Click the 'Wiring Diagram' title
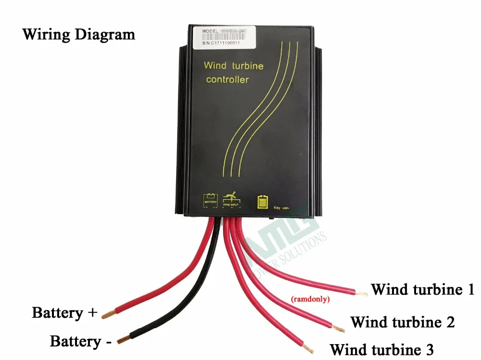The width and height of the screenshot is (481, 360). pyautogui.click(x=79, y=35)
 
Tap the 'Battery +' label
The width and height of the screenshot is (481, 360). pyautogui.click(x=65, y=312)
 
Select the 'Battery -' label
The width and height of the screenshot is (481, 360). pyautogui.click(x=81, y=342)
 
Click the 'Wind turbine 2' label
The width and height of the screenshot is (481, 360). pyautogui.click(x=403, y=321)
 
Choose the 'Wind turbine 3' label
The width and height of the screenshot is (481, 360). pyautogui.click(x=382, y=349)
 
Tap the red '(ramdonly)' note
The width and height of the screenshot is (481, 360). pyautogui.click(x=310, y=299)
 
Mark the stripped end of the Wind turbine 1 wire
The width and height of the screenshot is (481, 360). pyautogui.click(x=361, y=292)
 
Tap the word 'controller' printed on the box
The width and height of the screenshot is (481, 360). pyautogui.click(x=227, y=79)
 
